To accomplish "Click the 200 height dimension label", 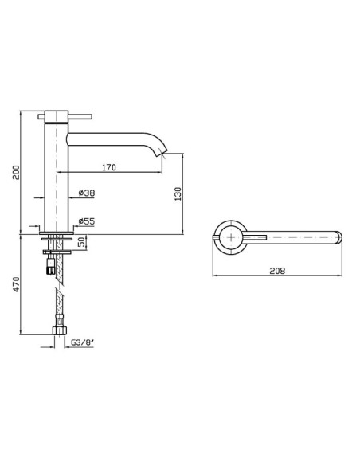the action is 16,172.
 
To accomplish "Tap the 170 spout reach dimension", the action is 109,167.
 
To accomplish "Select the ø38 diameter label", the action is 87,193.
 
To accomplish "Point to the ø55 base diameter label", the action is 87,221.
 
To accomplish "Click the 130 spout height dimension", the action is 178,194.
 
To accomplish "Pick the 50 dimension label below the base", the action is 81,242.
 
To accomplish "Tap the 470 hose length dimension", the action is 16,284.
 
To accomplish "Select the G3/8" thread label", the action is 82,343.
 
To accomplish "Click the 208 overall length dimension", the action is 277,271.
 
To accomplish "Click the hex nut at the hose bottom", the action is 59,330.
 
